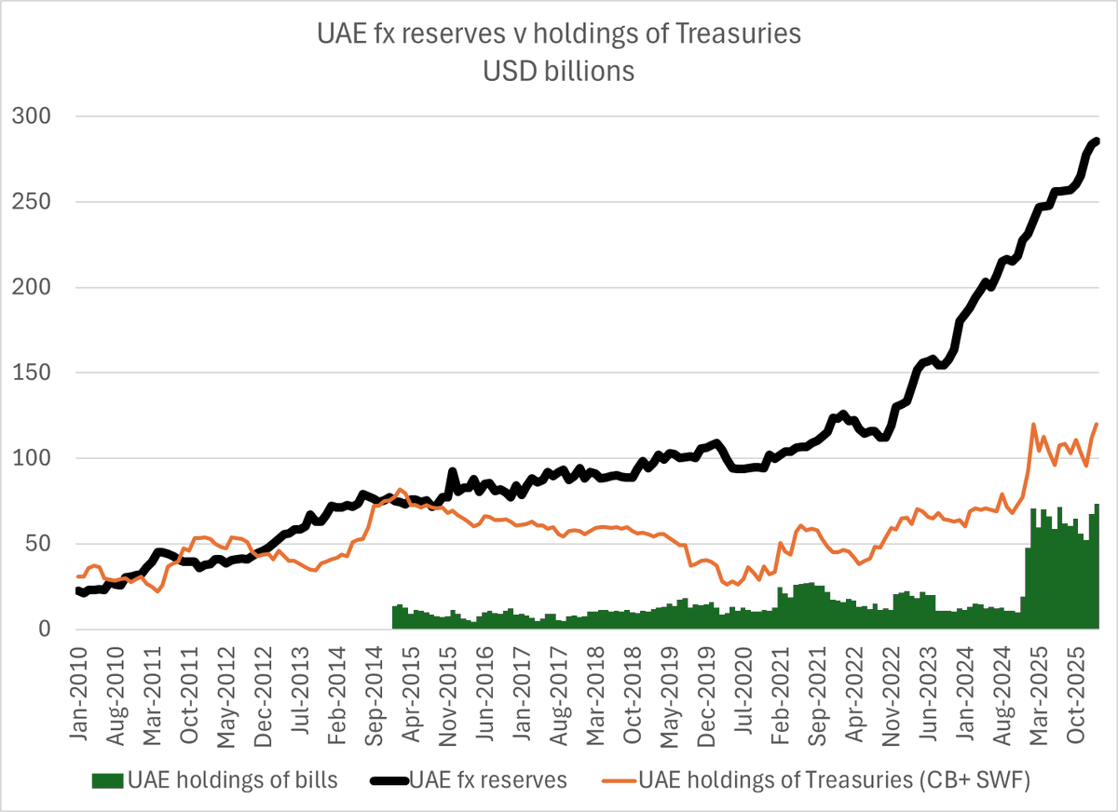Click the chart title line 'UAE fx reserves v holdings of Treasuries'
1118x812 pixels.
click(558, 34)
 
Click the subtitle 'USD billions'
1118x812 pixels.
click(558, 71)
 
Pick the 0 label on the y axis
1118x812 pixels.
click(42, 629)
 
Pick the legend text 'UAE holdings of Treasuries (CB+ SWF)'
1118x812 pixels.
click(833, 779)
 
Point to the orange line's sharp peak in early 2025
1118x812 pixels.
click(1033, 425)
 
